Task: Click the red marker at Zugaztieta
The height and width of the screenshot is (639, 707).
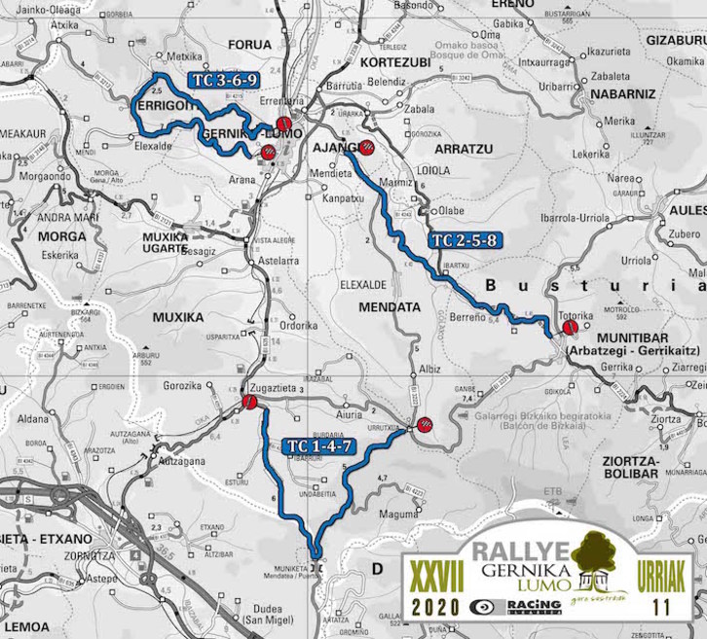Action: point(249,402)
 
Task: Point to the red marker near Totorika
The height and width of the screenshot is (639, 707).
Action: point(569,330)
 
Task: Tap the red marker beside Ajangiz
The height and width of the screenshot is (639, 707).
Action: point(368,148)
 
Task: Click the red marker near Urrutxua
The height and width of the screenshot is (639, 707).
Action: point(425,424)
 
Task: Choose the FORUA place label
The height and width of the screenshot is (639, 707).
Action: point(248,45)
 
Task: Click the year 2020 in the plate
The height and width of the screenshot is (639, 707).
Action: point(436,606)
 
